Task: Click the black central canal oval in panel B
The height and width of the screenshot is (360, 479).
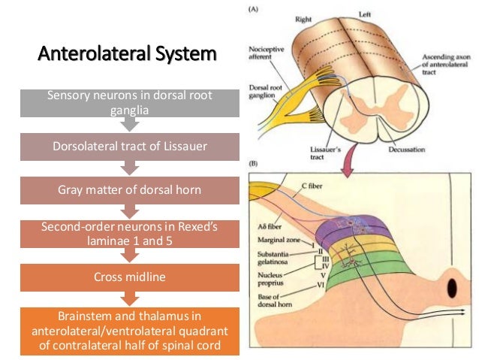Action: pos(453,289)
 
